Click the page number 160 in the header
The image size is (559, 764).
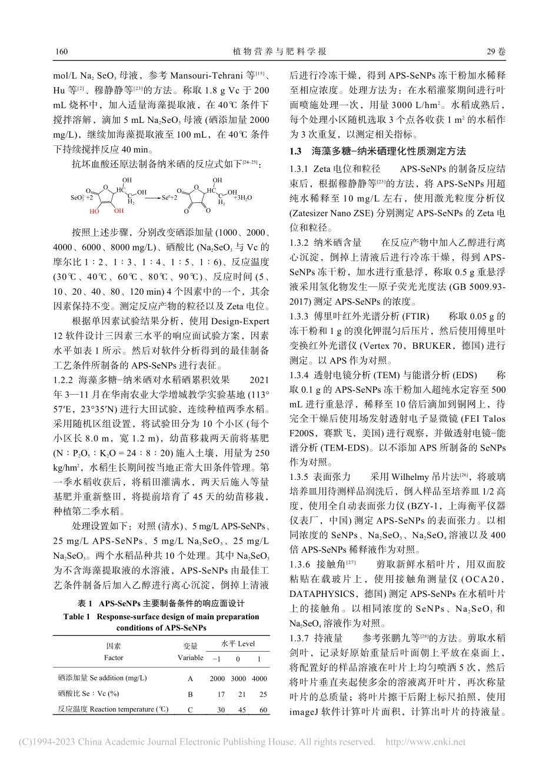coord(61,52)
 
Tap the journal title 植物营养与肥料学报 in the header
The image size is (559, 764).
coord(279,52)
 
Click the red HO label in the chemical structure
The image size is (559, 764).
coord(95,211)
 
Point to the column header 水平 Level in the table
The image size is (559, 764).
coord(238,643)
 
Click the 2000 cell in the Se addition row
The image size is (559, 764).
coord(217,678)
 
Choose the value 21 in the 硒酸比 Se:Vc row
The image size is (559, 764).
coord(238,694)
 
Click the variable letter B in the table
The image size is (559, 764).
coord(190,694)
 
